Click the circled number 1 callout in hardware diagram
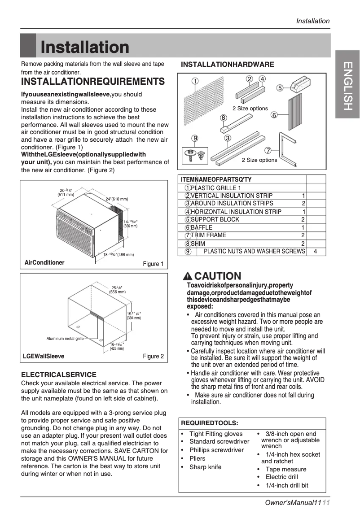point(195,82)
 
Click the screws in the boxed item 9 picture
point(195,155)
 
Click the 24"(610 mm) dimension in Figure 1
point(117,199)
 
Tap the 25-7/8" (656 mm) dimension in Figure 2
point(117,289)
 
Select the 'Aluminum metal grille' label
point(65,339)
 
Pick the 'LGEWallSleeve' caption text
point(44,356)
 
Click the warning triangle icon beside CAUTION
point(188,276)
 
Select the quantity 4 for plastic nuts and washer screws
point(316,252)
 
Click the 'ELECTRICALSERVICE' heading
point(59,375)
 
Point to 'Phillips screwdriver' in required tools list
point(216,450)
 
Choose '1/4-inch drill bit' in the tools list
point(287,485)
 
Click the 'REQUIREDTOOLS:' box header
point(209,423)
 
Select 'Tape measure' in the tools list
point(286,469)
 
